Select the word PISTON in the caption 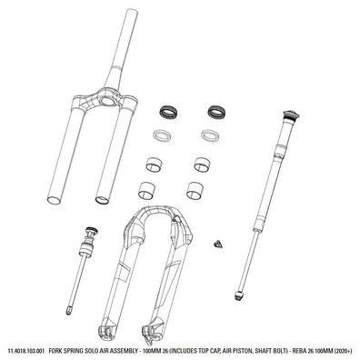247,351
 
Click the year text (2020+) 346,351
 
